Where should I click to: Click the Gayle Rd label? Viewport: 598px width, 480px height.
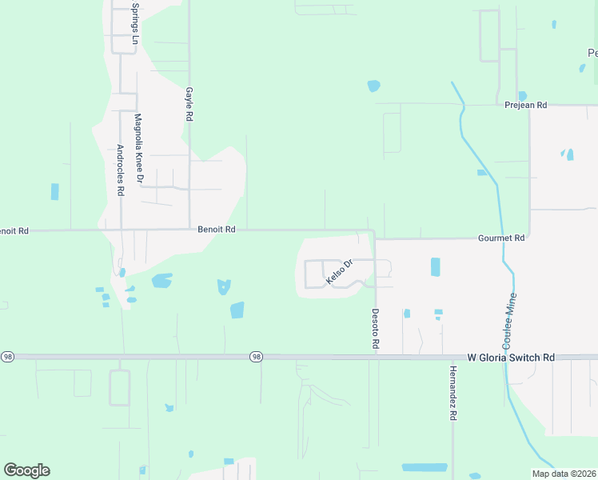(x=189, y=104)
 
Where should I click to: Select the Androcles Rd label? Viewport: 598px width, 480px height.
(x=121, y=170)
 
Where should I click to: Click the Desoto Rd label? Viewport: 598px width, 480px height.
(x=374, y=329)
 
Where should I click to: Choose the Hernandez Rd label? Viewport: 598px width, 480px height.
(x=452, y=394)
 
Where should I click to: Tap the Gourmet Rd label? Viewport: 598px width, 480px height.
(x=501, y=238)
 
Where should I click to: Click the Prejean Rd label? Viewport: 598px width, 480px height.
(x=525, y=105)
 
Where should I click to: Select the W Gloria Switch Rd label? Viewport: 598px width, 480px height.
(x=511, y=358)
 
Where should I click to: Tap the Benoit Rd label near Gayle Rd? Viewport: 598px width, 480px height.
(x=217, y=230)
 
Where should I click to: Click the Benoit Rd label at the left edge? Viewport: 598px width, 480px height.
(x=14, y=230)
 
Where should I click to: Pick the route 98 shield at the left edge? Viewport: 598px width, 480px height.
(x=8, y=356)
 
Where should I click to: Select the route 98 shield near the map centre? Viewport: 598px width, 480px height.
(x=256, y=356)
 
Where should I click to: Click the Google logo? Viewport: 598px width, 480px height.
(x=26, y=470)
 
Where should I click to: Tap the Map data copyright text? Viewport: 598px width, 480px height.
(x=564, y=474)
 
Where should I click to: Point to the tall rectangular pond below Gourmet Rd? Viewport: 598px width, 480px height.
(x=435, y=267)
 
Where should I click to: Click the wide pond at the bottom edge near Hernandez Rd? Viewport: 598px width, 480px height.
(x=425, y=467)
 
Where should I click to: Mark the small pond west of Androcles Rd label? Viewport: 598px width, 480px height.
(x=54, y=192)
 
